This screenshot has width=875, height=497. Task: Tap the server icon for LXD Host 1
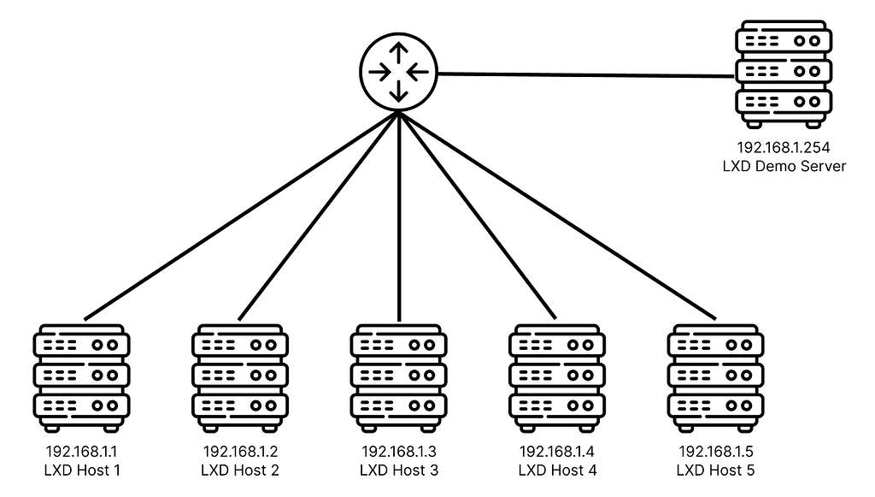tap(81, 376)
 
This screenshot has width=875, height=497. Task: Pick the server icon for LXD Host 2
tap(240, 376)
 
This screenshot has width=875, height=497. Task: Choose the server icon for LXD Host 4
tap(557, 376)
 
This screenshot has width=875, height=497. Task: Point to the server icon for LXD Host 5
tap(715, 376)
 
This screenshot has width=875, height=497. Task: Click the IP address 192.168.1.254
tap(784, 148)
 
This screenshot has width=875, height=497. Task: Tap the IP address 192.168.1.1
tap(81, 452)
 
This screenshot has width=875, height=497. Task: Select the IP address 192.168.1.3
tap(399, 452)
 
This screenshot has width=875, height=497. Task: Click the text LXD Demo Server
tap(784, 166)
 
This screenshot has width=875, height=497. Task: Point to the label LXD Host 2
tap(240, 470)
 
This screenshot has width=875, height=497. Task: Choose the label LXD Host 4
tap(557, 470)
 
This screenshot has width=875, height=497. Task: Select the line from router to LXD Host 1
tap(239, 214)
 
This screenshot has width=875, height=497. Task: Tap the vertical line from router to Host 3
tap(399, 214)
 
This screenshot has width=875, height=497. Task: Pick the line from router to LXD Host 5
tap(555, 214)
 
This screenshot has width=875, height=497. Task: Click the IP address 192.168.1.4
tap(557, 452)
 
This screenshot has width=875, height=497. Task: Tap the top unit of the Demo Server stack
tap(783, 39)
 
